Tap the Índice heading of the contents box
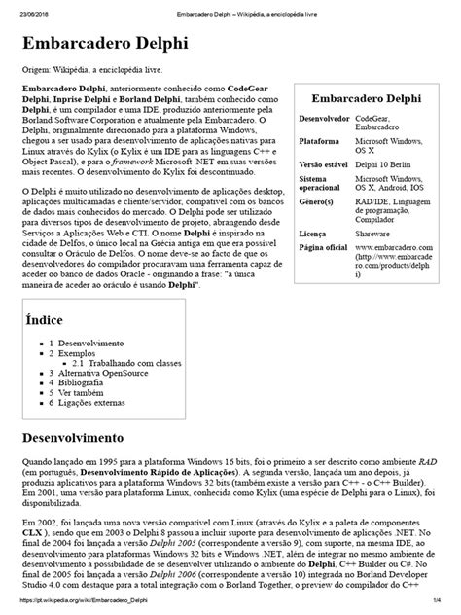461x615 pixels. (x=43, y=319)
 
